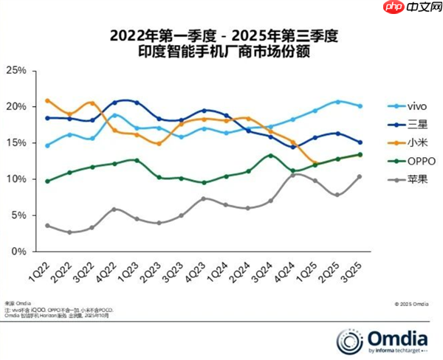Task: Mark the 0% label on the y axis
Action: pyautogui.click(x=18, y=252)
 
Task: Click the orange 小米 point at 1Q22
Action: pyautogui.click(x=47, y=100)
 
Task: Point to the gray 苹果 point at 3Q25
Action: pyautogui.click(x=360, y=176)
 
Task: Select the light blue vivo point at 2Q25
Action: pyautogui.click(x=337, y=102)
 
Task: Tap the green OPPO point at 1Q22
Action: pyautogui.click(x=47, y=181)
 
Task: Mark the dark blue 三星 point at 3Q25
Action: pyautogui.click(x=360, y=142)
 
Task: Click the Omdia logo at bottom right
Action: pyautogui.click(x=383, y=339)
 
